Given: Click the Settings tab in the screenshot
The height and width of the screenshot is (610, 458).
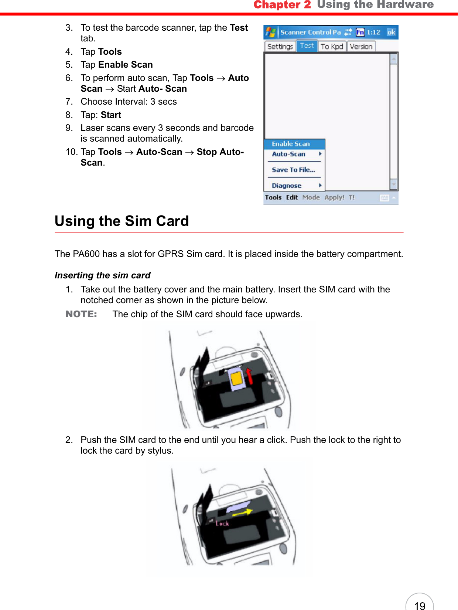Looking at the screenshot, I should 280,47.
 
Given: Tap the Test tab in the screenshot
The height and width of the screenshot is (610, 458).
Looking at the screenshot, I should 307,46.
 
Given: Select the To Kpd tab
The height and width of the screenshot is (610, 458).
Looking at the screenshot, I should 332,47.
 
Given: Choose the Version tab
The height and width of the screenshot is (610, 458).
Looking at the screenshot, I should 361,47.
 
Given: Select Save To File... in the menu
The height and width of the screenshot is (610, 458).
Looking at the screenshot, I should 293,170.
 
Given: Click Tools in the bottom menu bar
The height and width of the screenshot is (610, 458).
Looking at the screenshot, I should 273,197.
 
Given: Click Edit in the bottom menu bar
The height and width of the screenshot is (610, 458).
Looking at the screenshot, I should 292,197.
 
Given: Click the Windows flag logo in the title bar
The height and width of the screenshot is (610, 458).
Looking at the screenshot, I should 270,32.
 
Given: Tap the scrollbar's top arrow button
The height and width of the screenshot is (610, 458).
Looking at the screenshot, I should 394,59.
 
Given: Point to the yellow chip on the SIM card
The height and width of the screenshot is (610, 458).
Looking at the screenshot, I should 236,378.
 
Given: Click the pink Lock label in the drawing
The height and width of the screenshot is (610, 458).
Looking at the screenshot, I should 222,523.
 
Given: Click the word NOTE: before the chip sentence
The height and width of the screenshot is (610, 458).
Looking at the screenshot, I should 81,314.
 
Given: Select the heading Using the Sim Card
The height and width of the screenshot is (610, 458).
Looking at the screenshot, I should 122,221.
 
